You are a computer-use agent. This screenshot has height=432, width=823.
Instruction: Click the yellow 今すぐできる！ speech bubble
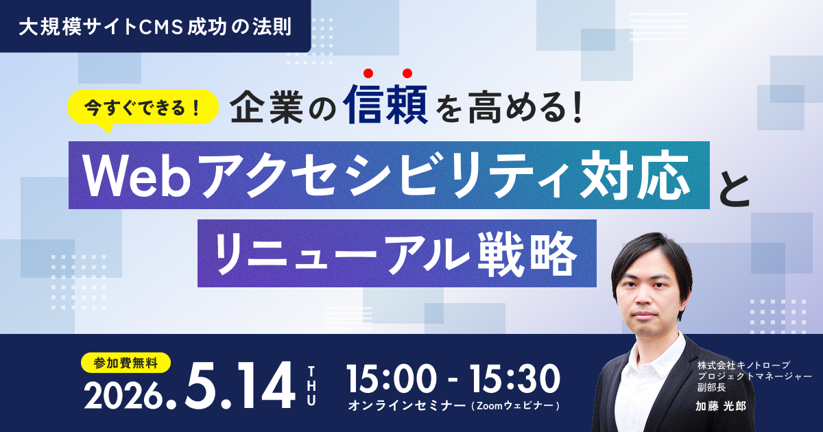coord(142,107)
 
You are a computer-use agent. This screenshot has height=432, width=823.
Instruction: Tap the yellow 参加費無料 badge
coord(126,361)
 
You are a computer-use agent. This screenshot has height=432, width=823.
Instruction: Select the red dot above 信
coord(368,73)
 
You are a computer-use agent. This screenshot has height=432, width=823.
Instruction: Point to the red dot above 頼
coord(407,73)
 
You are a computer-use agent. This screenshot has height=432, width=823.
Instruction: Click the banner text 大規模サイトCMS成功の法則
coord(155,26)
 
